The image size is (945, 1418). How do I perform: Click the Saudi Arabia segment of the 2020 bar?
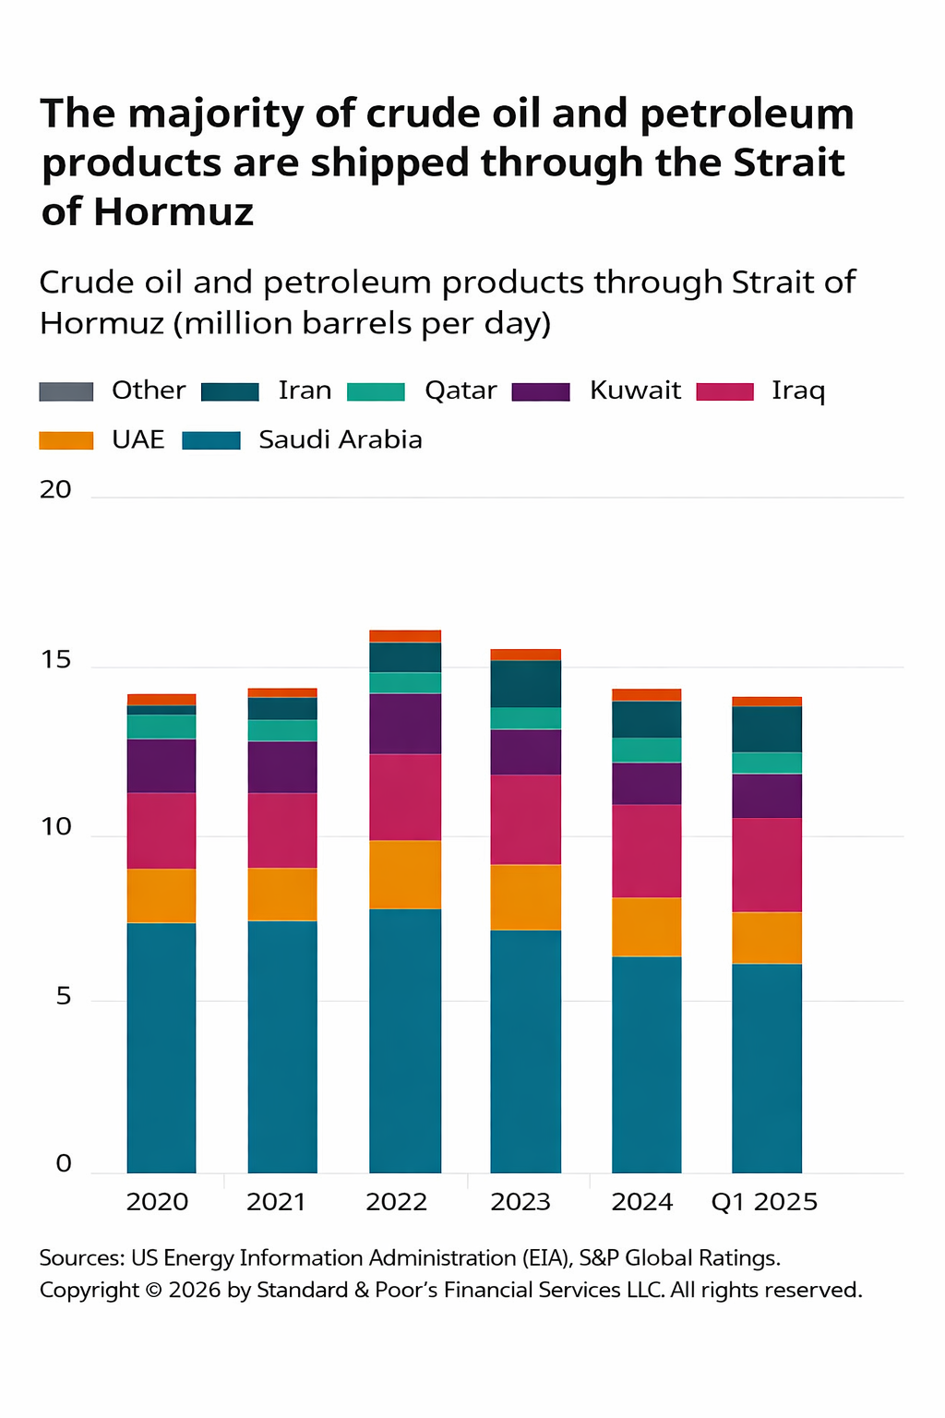[x=161, y=1048]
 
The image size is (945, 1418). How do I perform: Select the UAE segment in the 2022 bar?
[x=405, y=874]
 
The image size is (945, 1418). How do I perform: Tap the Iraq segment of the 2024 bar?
[x=647, y=850]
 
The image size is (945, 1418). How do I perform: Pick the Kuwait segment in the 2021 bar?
[x=282, y=767]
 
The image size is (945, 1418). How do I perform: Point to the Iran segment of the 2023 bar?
[x=526, y=684]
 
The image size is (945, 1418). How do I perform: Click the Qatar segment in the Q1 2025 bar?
[x=767, y=763]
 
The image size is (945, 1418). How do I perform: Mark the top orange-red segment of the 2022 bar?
[x=405, y=636]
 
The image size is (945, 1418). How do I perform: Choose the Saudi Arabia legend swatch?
[x=211, y=440]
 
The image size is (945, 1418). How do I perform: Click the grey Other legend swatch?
[x=66, y=391]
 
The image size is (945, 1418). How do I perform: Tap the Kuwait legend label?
[x=635, y=391]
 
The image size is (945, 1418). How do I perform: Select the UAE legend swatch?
[x=66, y=440]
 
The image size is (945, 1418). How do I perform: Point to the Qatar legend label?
[x=461, y=391]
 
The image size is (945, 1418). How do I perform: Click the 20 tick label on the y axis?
[x=55, y=489]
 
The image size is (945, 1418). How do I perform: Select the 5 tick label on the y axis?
[x=63, y=996]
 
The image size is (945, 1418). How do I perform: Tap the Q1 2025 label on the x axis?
[x=764, y=1202]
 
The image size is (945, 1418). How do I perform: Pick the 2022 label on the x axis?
[x=397, y=1202]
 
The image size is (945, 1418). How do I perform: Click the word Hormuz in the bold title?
[x=173, y=212]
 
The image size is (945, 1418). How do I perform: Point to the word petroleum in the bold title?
[x=748, y=114]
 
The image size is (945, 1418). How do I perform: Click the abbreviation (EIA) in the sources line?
[x=545, y=1258]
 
